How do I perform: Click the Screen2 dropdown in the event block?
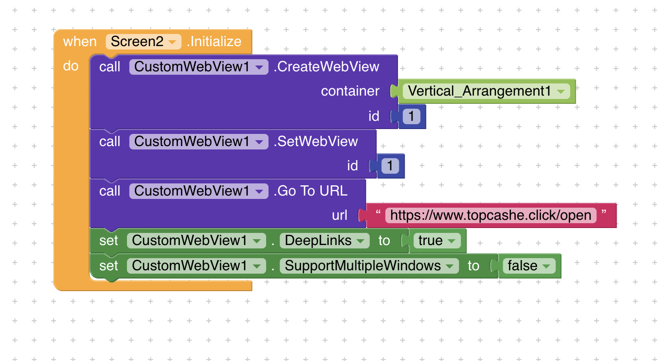[x=143, y=42]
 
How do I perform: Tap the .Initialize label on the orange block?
[x=214, y=42]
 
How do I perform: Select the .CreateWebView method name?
[x=326, y=66]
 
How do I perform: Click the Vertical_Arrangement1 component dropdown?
[x=486, y=91]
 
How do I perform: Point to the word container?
[x=350, y=91]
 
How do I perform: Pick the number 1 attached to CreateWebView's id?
[x=411, y=116]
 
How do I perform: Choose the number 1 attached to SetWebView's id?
[x=390, y=166]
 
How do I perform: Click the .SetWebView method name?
[x=316, y=141]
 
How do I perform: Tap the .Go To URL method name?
[x=310, y=191]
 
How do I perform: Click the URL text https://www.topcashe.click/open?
[x=491, y=215]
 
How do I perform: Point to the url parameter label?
[x=339, y=215]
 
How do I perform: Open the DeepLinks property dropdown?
[x=324, y=241]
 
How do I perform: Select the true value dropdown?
[x=436, y=241]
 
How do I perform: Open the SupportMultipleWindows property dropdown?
[x=369, y=266]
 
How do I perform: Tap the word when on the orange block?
[x=80, y=42]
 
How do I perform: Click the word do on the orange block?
[x=71, y=66]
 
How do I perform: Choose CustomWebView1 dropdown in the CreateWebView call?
[x=198, y=66]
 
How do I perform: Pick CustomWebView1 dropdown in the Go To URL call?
[x=198, y=191]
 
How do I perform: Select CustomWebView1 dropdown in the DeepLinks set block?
[x=196, y=241]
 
